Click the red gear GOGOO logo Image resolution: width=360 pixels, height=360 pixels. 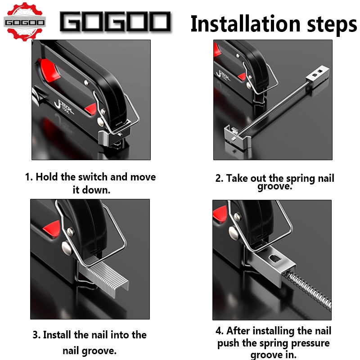tap(25, 22)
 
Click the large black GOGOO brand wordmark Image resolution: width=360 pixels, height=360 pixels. tap(115, 22)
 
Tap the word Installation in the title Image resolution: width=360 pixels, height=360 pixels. tap(245, 24)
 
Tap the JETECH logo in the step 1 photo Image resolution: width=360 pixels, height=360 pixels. tap(64, 107)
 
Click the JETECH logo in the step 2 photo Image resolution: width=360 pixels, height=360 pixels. tap(223, 75)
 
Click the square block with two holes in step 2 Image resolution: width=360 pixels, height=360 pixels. tap(318, 75)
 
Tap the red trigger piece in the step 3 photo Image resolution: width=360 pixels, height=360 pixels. tap(52, 229)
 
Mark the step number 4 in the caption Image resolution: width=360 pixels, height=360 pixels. tap(219, 331)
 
